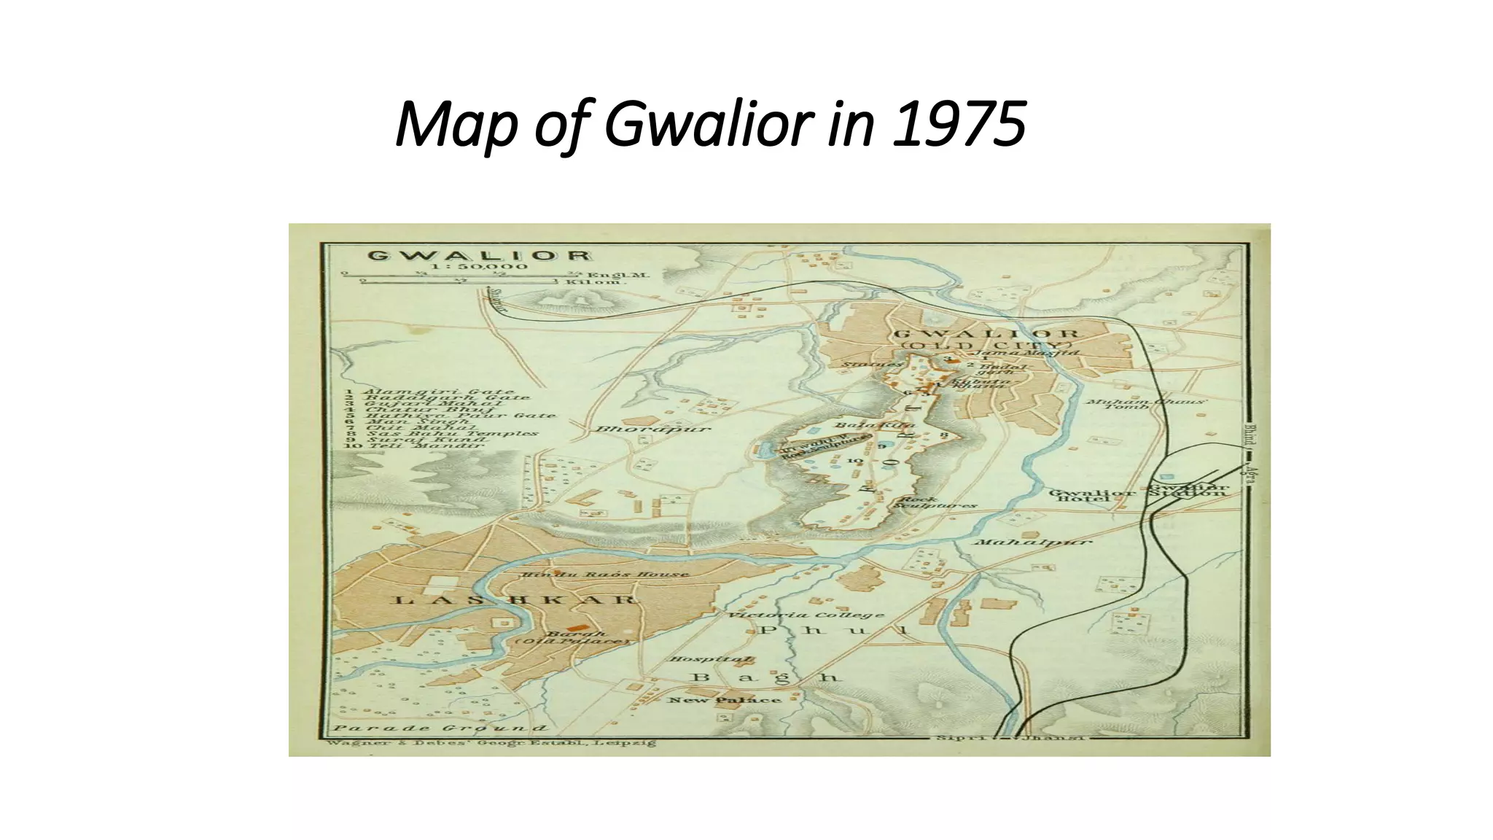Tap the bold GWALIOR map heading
pos(479,256)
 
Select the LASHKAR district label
pos(515,600)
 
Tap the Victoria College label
pos(806,615)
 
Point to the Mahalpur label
pos(1033,542)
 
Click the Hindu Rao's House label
pos(604,575)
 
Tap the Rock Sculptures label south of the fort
pos(935,502)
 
